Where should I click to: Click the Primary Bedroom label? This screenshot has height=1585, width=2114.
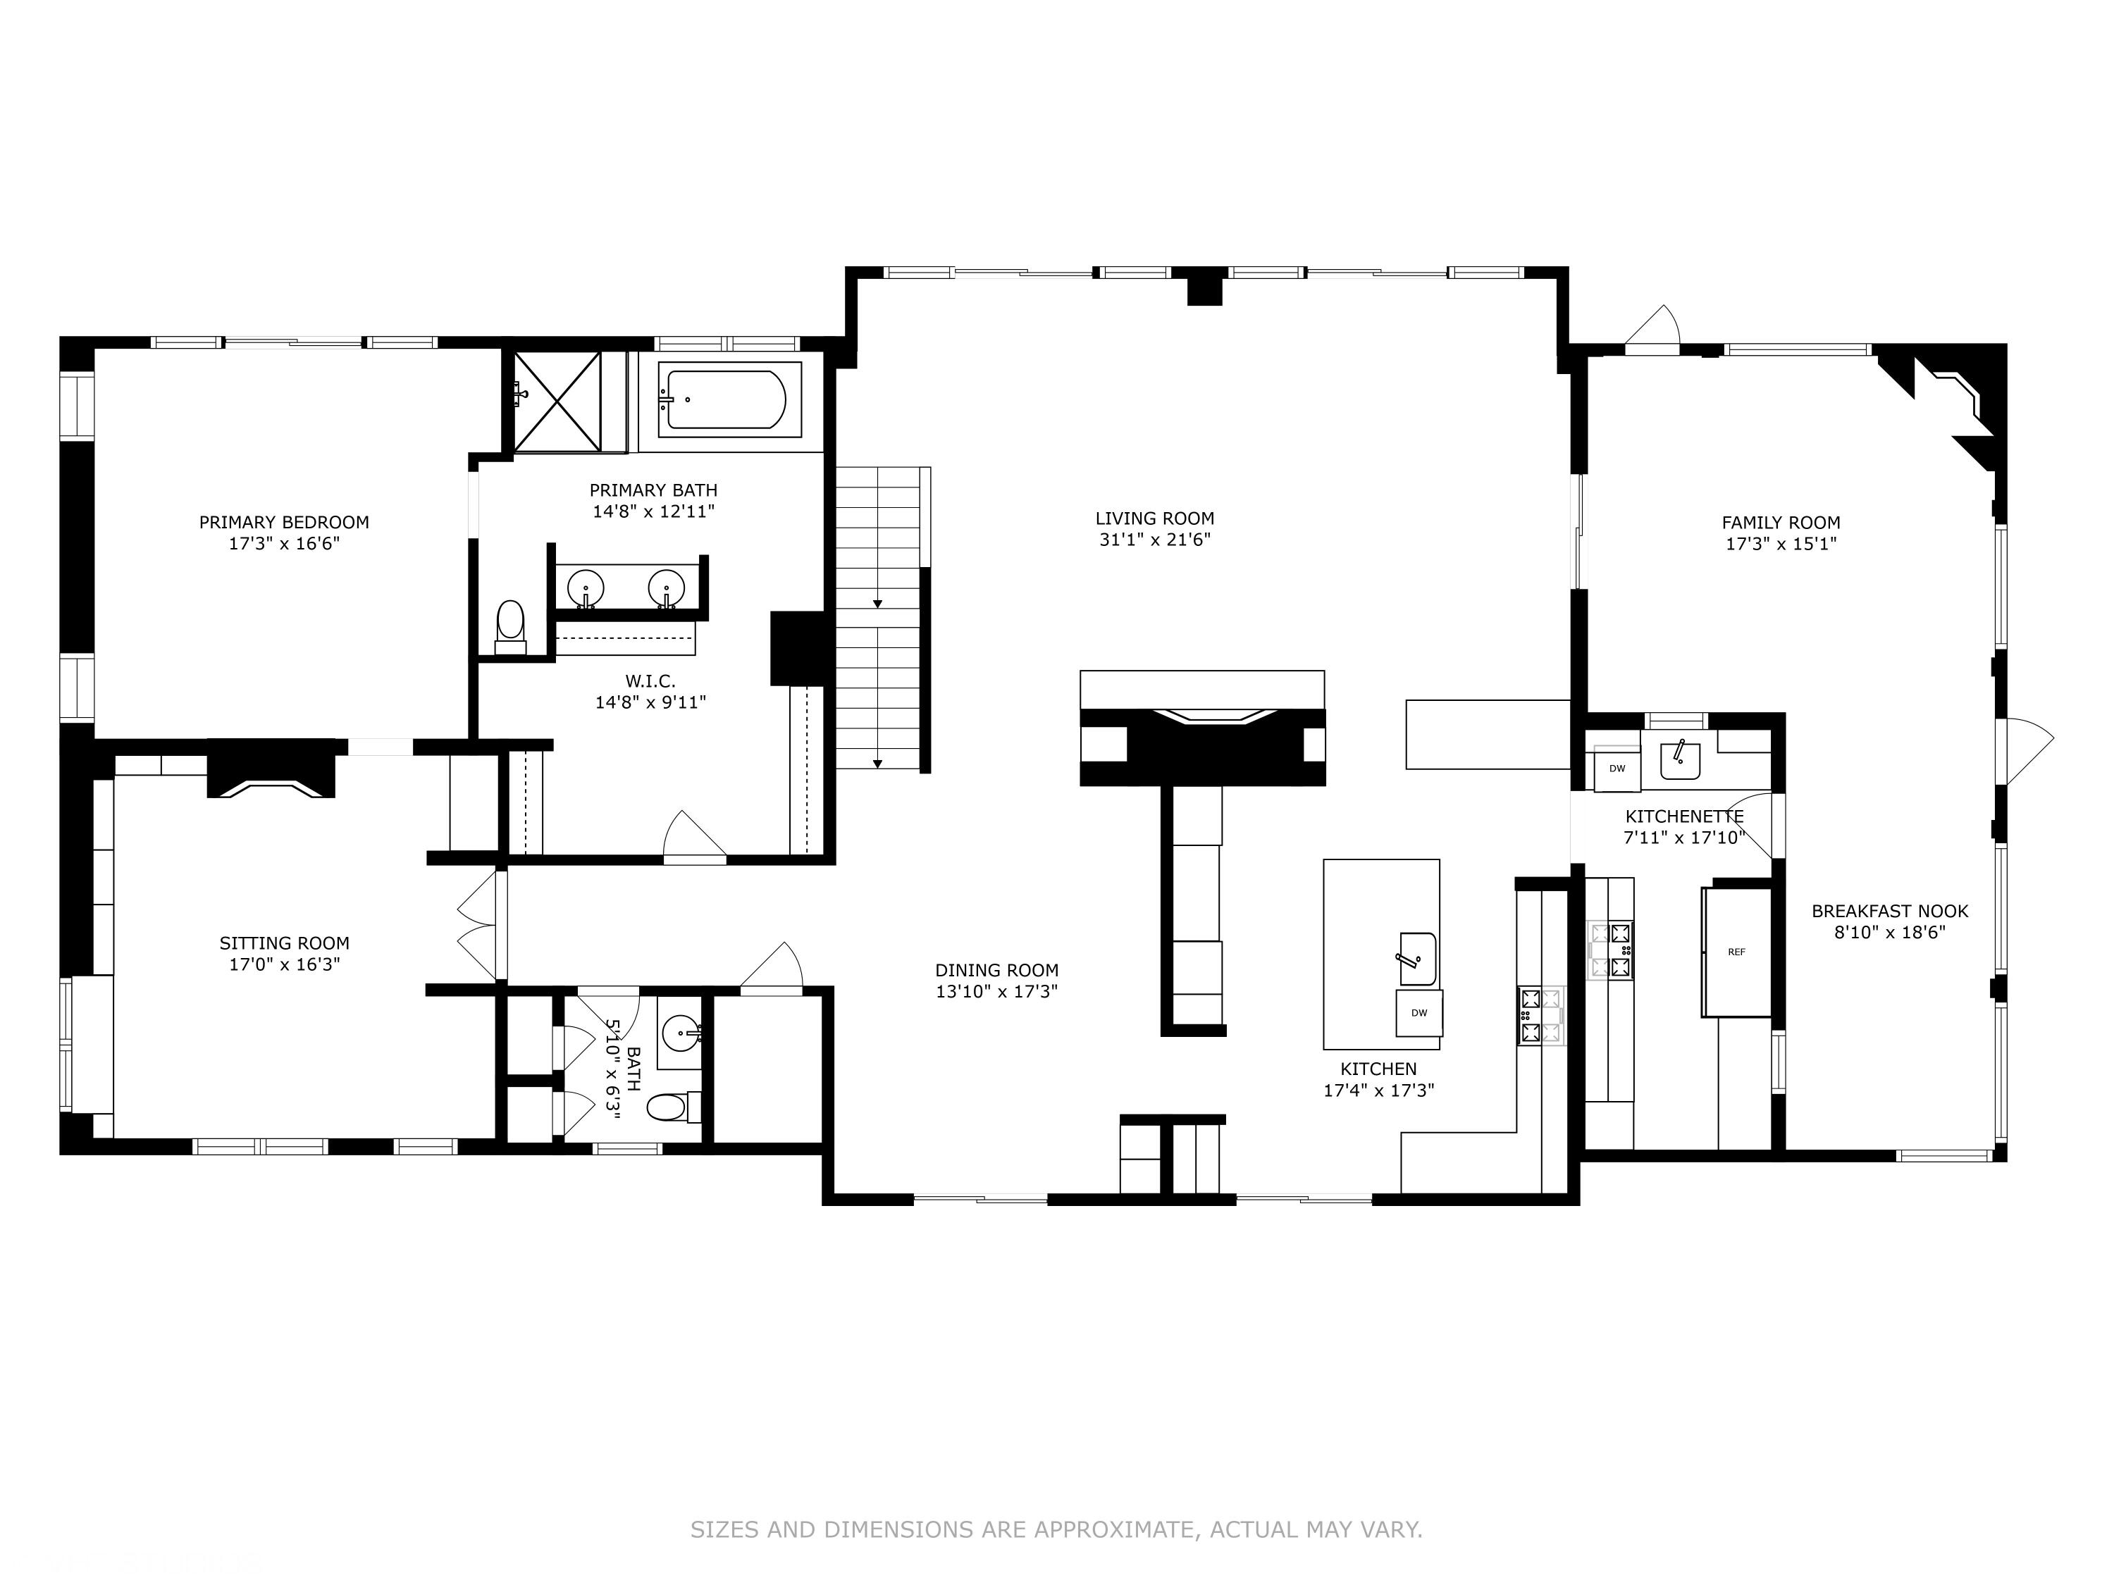tap(284, 523)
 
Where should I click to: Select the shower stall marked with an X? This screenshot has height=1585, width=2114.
tap(557, 402)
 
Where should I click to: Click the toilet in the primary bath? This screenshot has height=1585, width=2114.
tap(510, 623)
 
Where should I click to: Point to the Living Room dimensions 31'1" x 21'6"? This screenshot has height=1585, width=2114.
tap(1154, 540)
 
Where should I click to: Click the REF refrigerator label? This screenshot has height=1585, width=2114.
tap(1736, 952)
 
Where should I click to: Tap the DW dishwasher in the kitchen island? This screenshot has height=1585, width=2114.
tap(1419, 1013)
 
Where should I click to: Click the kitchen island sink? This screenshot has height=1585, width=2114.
tap(1417, 958)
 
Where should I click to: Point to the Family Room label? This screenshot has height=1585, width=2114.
tap(1781, 523)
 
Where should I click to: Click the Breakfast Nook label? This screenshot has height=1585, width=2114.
tap(1889, 912)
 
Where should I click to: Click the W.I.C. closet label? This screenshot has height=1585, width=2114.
tap(650, 681)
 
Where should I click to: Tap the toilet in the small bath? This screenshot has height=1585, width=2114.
tap(668, 1108)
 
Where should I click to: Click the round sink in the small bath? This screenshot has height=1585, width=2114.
tap(682, 1032)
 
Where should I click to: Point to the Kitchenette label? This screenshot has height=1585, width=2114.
tap(1684, 817)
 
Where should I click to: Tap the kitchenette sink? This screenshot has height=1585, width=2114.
tap(1679, 762)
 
